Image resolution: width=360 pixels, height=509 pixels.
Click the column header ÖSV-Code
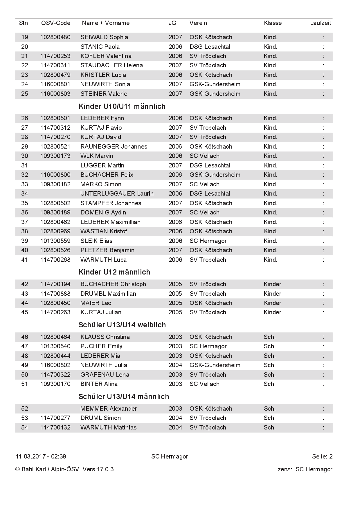[56, 23]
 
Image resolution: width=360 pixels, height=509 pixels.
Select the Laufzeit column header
[321, 23]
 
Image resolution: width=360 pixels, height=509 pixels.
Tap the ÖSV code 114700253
[55, 56]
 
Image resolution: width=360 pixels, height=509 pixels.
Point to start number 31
[25, 165]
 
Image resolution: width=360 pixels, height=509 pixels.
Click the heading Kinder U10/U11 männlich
[122, 107]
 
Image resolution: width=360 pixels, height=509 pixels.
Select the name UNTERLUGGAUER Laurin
[117, 194]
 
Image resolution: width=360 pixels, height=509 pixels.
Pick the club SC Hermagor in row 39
[208, 241]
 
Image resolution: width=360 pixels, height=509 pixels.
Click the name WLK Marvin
[97, 156]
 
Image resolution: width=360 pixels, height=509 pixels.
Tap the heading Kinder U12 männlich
[114, 272]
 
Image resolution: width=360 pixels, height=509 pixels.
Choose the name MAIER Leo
[96, 303]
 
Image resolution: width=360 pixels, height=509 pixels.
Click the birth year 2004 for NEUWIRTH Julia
[175, 365]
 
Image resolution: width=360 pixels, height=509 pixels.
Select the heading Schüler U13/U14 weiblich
[122, 325]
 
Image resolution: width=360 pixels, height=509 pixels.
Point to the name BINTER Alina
[99, 384]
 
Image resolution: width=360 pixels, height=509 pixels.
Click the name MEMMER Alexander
[109, 409]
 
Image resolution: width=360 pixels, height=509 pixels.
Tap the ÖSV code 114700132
[55, 427]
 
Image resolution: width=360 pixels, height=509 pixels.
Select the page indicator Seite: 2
[322, 456]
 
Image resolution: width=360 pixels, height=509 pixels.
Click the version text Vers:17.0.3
[98, 469]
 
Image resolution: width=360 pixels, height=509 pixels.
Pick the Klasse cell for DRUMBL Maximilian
[272, 294]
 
